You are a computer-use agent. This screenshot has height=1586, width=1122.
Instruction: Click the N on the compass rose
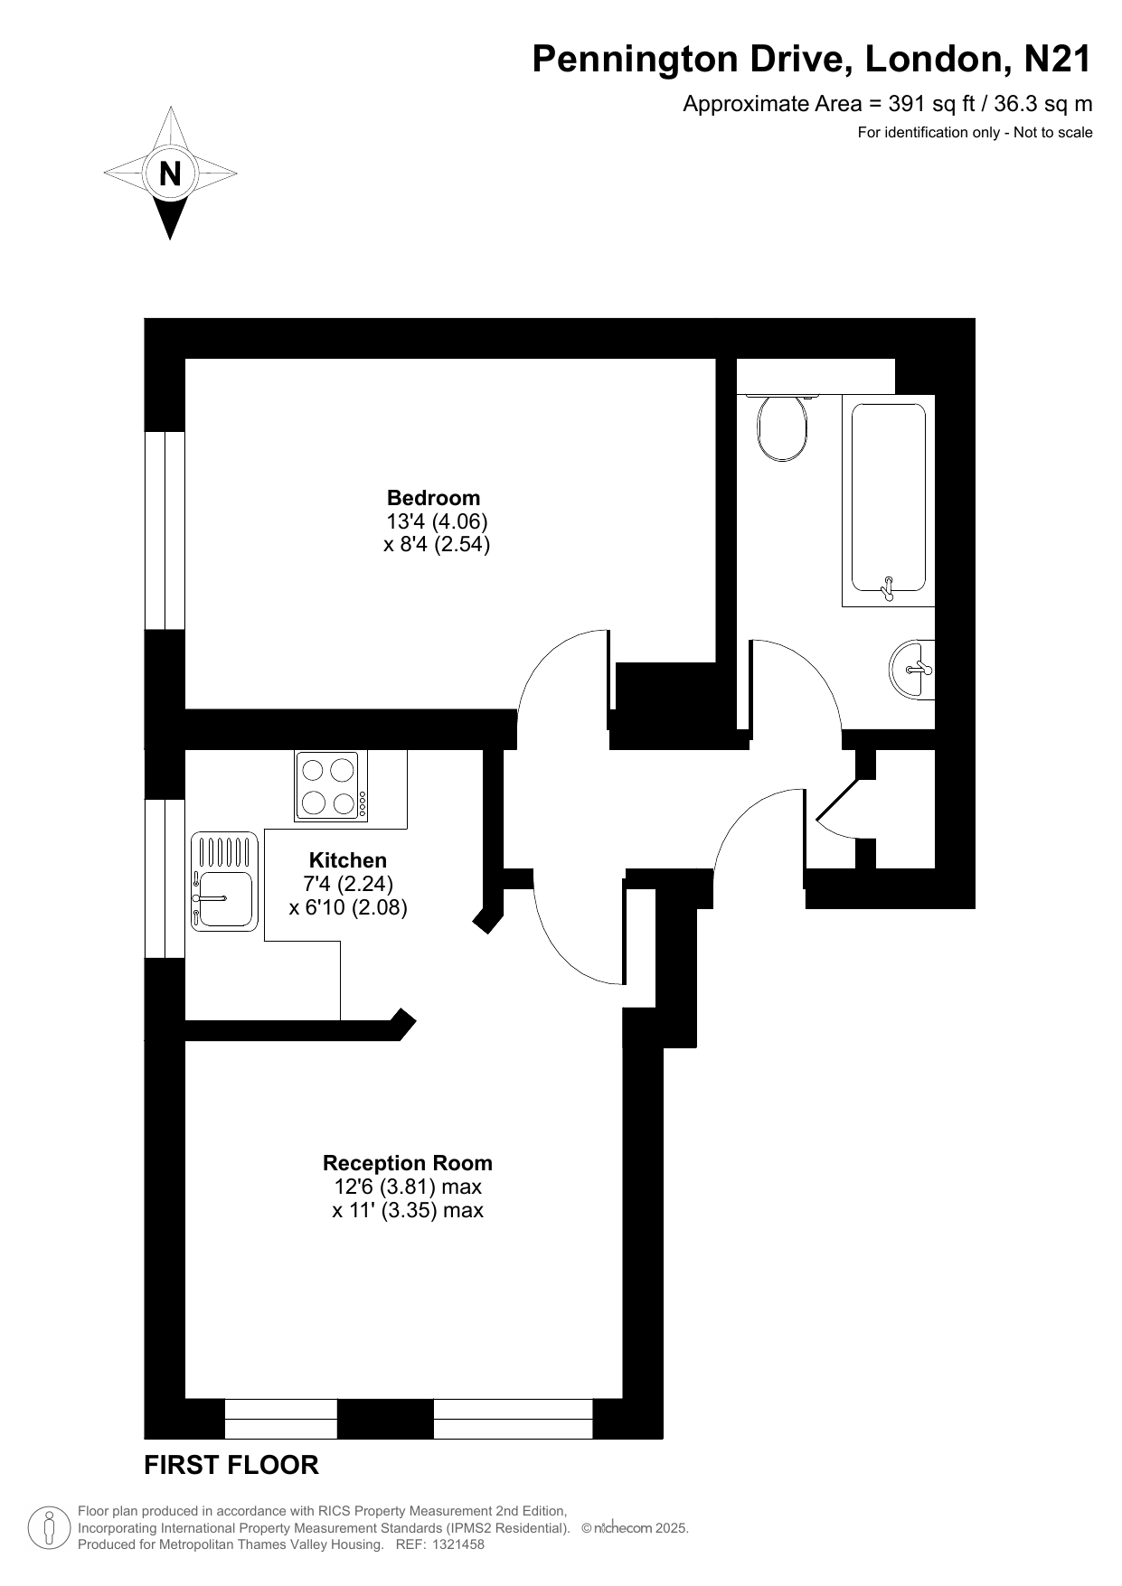click(170, 173)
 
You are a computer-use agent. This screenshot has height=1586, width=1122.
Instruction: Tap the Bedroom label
click(434, 497)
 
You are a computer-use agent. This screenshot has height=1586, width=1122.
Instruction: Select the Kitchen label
click(348, 859)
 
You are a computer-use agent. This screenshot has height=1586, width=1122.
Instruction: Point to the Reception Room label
click(408, 1163)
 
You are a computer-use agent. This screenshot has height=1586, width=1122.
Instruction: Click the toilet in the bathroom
click(782, 427)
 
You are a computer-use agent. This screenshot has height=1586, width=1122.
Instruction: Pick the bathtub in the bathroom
click(889, 501)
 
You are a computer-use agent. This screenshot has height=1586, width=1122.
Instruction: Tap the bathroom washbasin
click(912, 669)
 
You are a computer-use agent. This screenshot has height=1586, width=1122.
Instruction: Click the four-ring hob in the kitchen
click(331, 786)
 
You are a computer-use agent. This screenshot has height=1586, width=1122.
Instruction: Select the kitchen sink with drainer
click(224, 881)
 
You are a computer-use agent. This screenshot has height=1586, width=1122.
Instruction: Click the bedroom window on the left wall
click(165, 530)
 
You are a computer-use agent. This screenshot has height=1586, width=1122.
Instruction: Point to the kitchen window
click(165, 878)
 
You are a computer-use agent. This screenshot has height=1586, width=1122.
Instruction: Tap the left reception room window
click(280, 1418)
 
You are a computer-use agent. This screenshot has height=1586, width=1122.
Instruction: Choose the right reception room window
click(513, 1418)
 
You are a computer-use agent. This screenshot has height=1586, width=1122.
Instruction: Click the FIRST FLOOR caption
click(231, 1465)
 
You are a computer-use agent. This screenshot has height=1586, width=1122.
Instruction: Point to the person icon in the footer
click(51, 1528)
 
